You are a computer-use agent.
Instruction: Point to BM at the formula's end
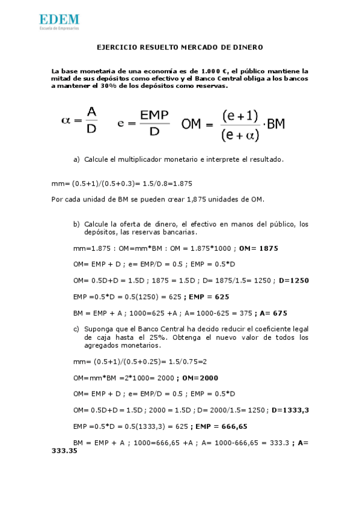(275, 124)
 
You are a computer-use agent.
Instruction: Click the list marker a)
(76, 159)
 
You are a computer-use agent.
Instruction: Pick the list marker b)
(76, 224)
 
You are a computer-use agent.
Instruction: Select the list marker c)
(76, 329)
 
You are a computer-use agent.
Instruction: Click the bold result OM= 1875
(258, 248)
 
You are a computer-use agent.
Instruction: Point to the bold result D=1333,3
(290, 410)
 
